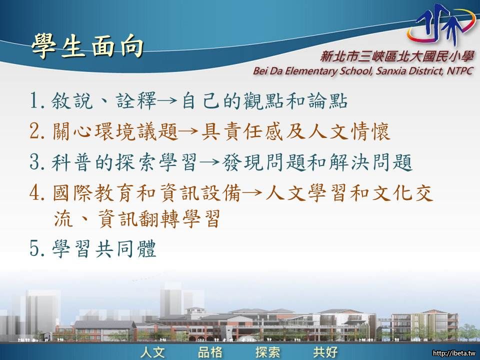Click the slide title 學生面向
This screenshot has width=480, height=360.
point(87,46)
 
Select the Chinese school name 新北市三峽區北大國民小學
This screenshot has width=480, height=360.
point(397,56)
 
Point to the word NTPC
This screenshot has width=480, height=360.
point(460,70)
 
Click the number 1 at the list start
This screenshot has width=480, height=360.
point(34,100)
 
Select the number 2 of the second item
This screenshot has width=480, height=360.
point(35,131)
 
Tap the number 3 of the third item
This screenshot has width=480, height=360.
point(35,162)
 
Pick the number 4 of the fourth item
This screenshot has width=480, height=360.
point(35,193)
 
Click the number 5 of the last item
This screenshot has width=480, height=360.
point(35,248)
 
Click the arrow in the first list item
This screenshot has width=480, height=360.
point(168,100)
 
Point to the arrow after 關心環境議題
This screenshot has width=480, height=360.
point(190,131)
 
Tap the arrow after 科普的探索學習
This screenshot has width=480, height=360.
point(210,162)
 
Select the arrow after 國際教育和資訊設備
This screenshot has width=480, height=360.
point(253,193)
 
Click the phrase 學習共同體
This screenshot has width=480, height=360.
point(104,248)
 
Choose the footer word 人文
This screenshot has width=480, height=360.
point(153,352)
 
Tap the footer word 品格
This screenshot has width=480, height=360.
point(210,352)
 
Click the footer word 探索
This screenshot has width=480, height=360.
point(268,352)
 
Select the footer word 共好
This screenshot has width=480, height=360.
point(325,352)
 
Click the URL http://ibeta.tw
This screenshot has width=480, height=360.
point(454,353)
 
